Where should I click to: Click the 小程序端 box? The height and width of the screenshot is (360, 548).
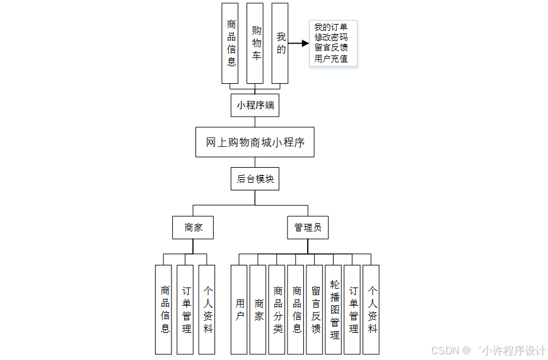point(255,105)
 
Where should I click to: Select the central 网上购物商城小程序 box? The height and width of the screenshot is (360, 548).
point(255,142)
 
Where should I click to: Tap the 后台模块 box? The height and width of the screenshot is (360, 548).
point(255,178)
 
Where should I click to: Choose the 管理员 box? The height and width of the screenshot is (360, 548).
point(308,228)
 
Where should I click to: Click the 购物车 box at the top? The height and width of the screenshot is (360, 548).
point(255,44)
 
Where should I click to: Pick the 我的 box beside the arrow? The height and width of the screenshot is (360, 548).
point(280,44)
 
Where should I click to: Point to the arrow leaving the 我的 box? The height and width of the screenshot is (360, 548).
point(299,44)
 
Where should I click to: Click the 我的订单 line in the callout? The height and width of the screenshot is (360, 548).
point(330,27)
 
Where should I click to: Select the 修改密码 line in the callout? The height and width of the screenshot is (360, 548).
point(330,37)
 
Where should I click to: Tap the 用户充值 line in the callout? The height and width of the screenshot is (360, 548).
point(330,59)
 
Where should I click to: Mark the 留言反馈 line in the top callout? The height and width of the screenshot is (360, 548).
point(330,47)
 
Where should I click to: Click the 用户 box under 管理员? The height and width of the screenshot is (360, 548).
point(239,310)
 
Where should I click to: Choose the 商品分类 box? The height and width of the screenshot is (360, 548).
point(277,310)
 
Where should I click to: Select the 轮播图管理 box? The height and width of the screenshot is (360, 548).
point(334,310)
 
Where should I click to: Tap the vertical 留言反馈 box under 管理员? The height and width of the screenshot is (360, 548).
point(315,310)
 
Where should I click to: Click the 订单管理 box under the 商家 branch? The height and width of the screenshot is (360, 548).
point(185,310)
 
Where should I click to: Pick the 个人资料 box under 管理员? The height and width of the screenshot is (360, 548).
point(371,310)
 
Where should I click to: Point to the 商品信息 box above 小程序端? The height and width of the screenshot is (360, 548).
point(230,44)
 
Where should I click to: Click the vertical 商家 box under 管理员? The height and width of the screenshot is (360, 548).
point(258,310)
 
